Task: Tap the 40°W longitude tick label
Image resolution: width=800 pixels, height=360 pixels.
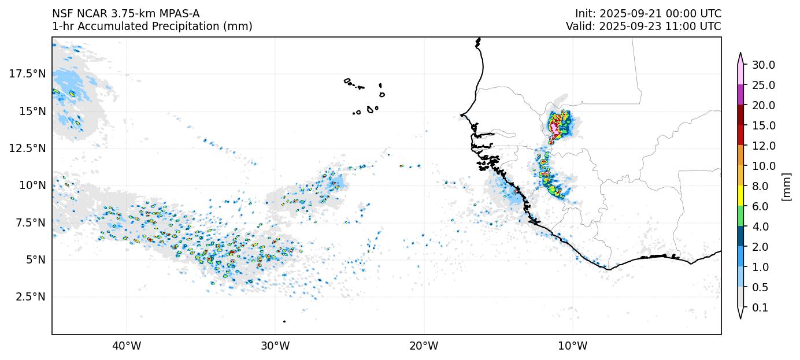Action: pyautogui.click(x=126, y=347)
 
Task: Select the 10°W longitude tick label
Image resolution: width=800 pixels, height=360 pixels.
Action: pyautogui.click(x=573, y=347)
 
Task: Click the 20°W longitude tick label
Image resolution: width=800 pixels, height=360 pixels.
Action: pyautogui.click(x=424, y=347)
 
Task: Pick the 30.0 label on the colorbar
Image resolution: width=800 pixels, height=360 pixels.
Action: pyautogui.click(x=763, y=65)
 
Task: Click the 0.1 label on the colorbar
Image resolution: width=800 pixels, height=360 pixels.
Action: pyautogui.click(x=761, y=308)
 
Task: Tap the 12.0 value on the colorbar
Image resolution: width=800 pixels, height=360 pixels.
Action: pyautogui.click(x=763, y=146)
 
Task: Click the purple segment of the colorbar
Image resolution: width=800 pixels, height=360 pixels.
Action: pyautogui.click(x=740, y=95)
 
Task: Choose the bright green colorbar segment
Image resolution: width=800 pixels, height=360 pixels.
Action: pyautogui.click(x=740, y=216)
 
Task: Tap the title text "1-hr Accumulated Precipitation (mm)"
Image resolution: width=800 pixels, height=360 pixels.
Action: pyautogui.click(x=152, y=27)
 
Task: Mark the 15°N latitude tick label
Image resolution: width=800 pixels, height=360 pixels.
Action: pyautogui.click(x=29, y=111)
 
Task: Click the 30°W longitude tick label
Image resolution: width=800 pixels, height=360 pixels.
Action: pyautogui.click(x=275, y=347)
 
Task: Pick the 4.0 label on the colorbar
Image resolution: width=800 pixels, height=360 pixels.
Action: pyautogui.click(x=761, y=227)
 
